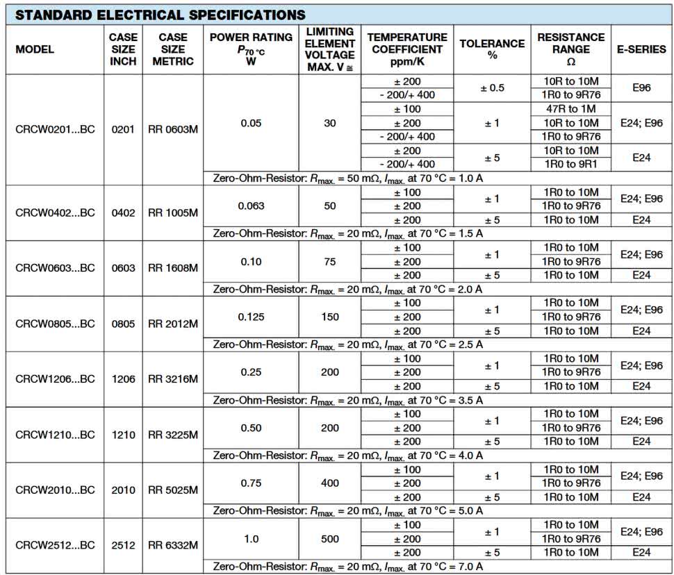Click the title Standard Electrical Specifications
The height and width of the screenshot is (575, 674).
pos(160,15)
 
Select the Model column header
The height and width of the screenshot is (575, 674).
pos(34,49)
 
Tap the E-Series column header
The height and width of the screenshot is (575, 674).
pos(641,49)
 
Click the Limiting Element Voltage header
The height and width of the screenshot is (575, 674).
pos(330,49)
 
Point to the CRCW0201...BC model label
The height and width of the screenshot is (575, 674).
pos(55,129)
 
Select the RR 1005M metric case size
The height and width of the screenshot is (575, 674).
pos(173,212)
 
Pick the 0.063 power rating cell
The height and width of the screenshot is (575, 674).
pos(251,206)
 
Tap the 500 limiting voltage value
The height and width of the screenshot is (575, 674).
pos(330,538)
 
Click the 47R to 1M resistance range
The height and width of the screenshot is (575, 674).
pos(570,109)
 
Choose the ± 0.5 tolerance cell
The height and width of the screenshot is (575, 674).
pos(492,88)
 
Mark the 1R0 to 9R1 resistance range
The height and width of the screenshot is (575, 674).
pos(570,165)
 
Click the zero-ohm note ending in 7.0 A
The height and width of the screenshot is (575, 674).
pos(347,567)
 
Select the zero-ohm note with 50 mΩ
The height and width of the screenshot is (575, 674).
pos(347,178)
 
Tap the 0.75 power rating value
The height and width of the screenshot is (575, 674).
pos(251,483)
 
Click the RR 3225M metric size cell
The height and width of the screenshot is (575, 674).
pos(173,435)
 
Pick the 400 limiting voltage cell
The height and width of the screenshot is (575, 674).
pos(330,483)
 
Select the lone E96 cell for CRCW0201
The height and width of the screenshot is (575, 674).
pos(641,88)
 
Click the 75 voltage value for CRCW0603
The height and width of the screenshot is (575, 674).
pos(330,261)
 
